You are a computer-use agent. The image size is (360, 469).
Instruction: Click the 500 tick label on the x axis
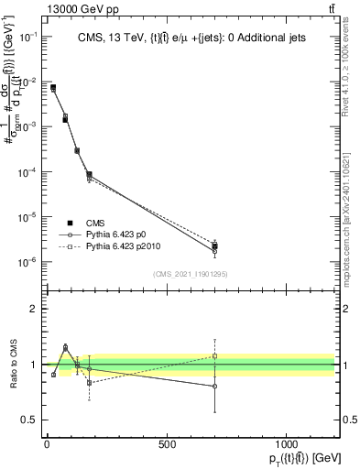pyautogui.click(x=166, y=445)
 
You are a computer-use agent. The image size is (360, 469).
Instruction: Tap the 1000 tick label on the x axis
pyautogui.click(x=287, y=445)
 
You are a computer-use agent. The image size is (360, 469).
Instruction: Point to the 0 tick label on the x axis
pyautogui.click(x=46, y=445)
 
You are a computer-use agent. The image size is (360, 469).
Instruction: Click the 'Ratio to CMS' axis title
pyautogui.click(x=12, y=363)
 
